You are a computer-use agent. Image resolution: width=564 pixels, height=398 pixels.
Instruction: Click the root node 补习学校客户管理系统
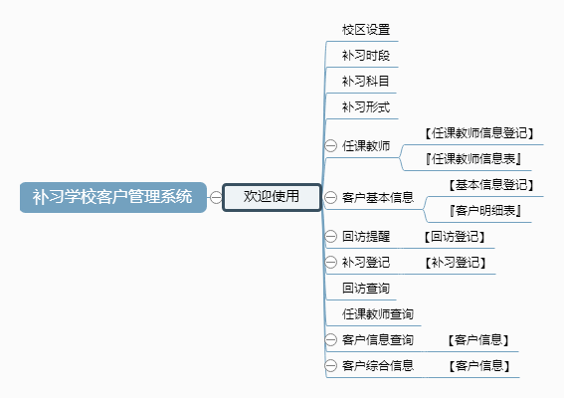coord(113,197)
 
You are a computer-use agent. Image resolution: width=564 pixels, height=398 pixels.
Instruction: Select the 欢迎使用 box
coord(272,197)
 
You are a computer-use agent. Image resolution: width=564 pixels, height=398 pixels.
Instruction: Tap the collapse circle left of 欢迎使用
coord(216,197)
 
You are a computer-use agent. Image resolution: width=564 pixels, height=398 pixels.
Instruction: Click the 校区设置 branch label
coord(366,30)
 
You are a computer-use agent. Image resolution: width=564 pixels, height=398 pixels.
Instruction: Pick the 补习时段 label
coord(366,56)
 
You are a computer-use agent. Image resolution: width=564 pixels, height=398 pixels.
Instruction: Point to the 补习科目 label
coord(365,82)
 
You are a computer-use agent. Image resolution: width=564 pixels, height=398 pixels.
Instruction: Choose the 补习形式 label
coord(366,107)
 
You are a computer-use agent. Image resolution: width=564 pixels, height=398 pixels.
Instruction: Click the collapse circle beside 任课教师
coord(330,145)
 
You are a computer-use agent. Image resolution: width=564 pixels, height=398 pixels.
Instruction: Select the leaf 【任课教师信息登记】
coord(479,133)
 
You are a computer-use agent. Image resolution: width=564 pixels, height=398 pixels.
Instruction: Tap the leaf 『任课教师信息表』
coord(473,158)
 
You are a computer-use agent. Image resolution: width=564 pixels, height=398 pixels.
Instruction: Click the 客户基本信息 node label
coord(378,198)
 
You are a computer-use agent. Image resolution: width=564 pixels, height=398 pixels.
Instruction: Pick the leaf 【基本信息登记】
coord(491,185)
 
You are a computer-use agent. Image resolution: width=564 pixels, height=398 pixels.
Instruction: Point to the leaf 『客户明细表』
coord(485,211)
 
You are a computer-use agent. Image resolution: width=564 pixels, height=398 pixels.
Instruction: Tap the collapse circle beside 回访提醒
coord(330,237)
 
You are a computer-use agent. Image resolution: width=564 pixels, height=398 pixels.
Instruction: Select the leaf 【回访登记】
coord(455,237)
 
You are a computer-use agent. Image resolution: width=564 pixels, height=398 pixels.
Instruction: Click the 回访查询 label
coord(366,289)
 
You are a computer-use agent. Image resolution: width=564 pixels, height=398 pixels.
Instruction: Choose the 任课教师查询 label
coord(378,314)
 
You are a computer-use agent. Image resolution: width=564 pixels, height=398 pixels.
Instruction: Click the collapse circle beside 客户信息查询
coord(330,339)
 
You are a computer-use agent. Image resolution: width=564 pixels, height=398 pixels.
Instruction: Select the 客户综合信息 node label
coord(378,366)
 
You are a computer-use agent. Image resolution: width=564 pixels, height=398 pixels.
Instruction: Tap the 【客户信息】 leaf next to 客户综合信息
coord(479,366)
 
